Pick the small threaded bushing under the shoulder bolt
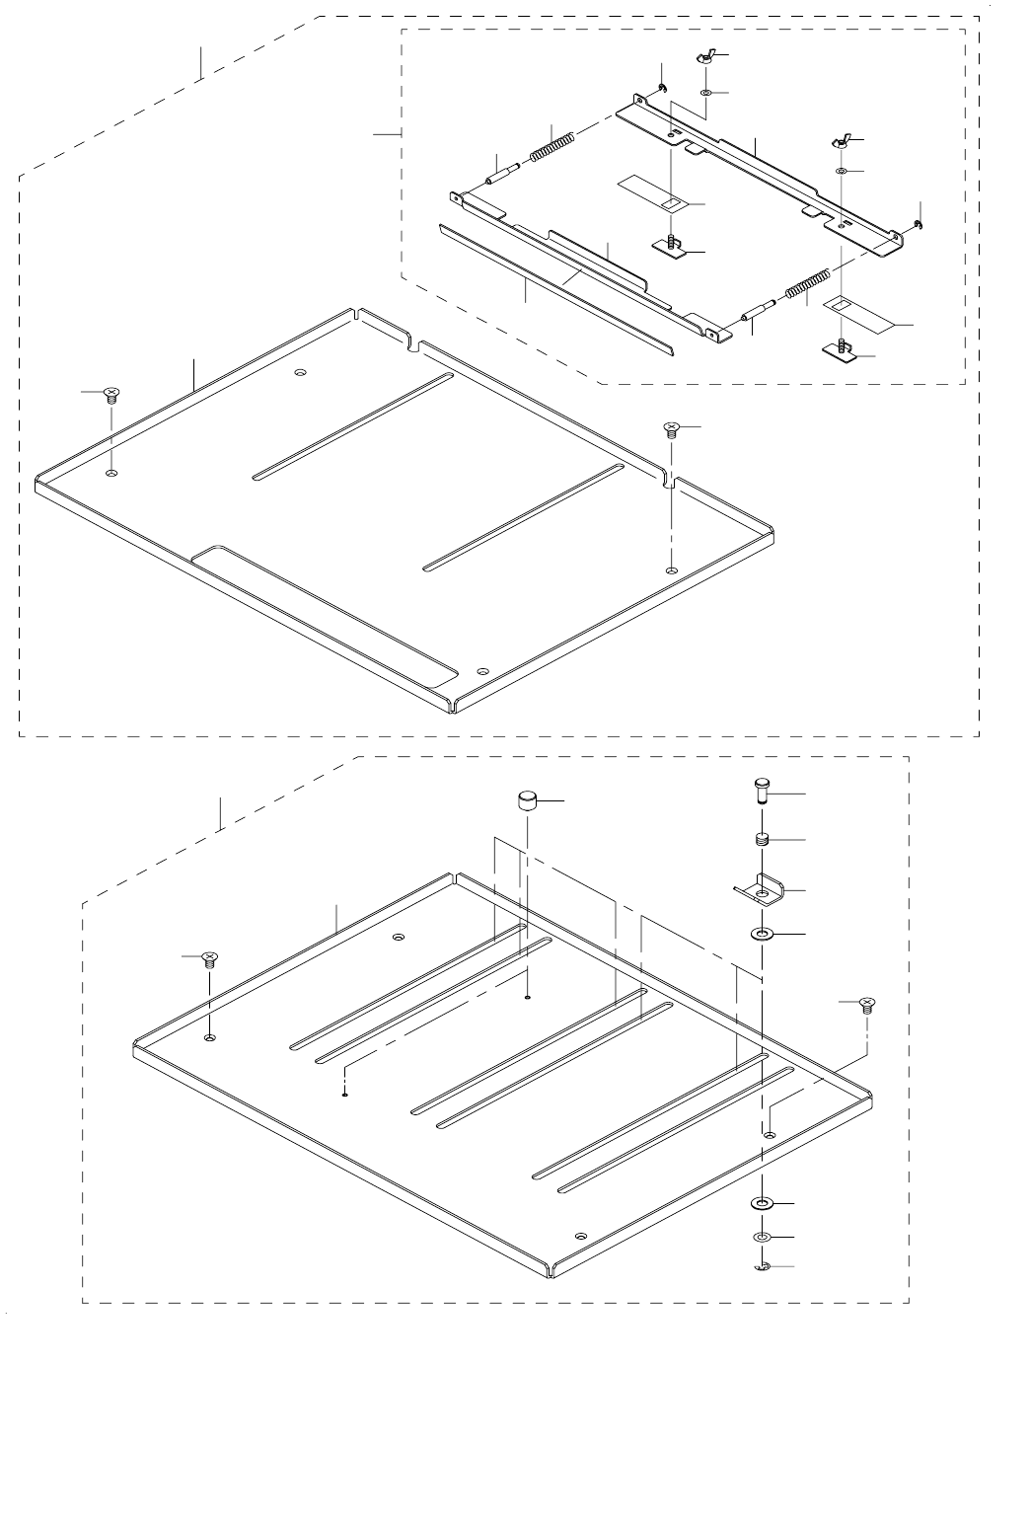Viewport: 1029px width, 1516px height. coord(762,840)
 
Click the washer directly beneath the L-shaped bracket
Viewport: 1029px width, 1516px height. coord(762,933)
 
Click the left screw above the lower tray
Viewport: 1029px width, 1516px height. coord(209,957)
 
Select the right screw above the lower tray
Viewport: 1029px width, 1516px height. coord(866,1005)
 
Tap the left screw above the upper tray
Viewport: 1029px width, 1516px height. coord(110,394)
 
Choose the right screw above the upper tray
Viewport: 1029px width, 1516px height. coord(672,427)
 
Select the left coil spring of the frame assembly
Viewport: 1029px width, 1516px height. coord(553,147)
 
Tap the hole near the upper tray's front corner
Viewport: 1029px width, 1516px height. coord(481,671)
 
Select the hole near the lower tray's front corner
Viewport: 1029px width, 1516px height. coord(580,1236)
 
